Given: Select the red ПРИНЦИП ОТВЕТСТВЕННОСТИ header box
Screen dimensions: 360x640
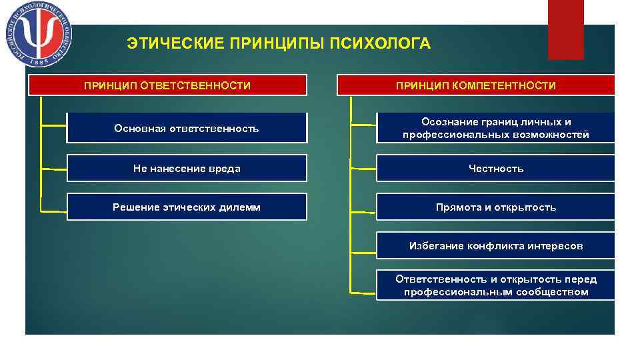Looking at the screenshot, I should point(167,85).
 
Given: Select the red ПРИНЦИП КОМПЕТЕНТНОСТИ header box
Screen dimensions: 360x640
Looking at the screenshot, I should point(475,85).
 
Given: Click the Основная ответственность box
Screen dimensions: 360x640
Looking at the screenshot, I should point(187,128).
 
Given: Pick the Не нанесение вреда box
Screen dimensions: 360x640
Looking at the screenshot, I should point(187,169).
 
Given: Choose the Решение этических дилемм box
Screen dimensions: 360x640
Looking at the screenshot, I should point(187,207).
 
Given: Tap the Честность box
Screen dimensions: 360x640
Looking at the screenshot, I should point(495,169).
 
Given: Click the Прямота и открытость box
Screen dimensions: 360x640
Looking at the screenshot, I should point(495,207).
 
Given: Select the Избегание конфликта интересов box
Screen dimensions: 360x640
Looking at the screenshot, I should point(495,246).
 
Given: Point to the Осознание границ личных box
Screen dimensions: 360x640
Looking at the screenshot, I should point(495,128).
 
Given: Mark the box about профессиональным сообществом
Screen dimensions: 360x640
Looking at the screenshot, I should point(495,285).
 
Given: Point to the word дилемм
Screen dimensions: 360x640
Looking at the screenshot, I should point(242,207).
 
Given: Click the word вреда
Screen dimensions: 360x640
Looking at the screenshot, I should point(224,169).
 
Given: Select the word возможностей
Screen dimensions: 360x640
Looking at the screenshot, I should point(557,135).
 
